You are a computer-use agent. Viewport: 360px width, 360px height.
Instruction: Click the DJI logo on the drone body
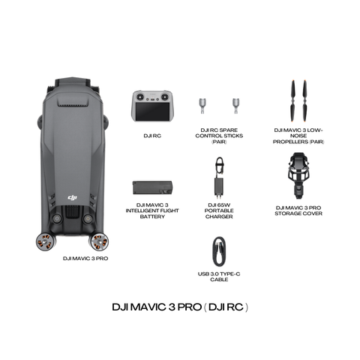tap(73, 197)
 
